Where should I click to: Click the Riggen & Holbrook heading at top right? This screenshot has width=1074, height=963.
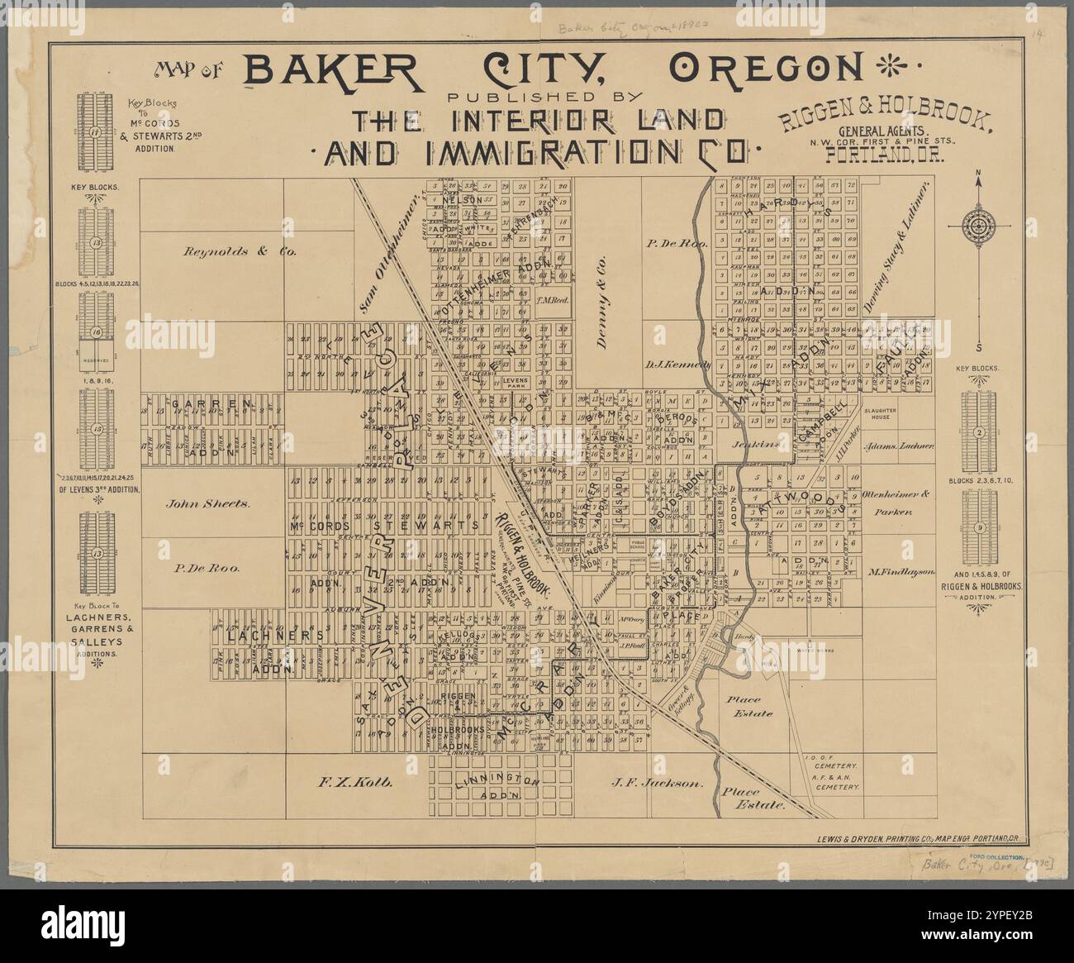click(x=883, y=121)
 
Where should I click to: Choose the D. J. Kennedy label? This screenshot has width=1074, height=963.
click(x=678, y=364)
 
